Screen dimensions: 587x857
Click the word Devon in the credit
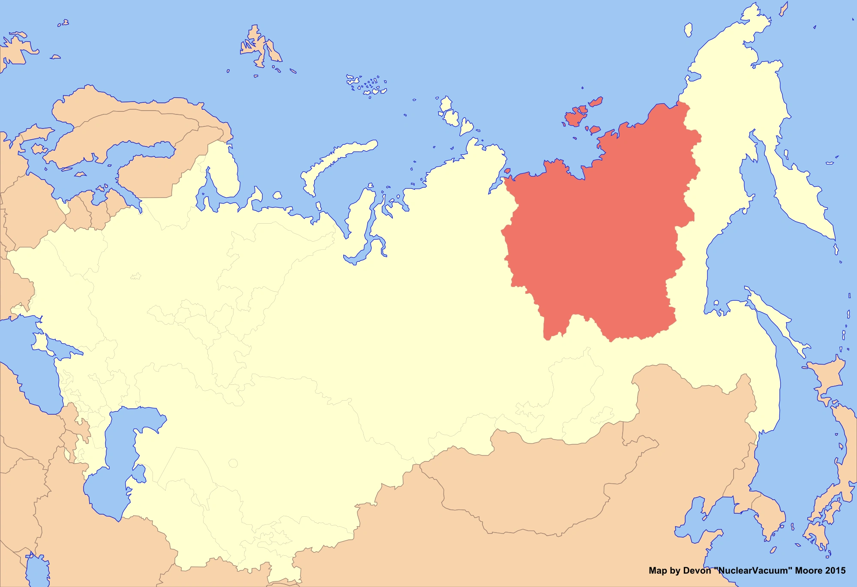[x=697, y=571]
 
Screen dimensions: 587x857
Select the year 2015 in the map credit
[x=836, y=571]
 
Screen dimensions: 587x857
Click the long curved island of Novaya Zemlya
[x=339, y=159]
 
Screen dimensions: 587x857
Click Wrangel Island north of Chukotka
[x=688, y=30]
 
